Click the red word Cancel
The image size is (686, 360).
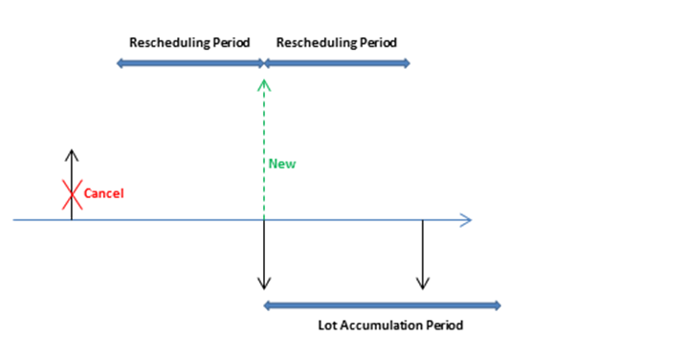[104, 193]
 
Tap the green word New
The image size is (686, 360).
[281, 164]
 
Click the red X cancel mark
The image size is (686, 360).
[72, 194]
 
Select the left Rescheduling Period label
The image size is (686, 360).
[189, 43]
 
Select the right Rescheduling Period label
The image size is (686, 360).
[336, 43]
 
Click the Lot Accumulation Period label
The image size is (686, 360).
[390, 326]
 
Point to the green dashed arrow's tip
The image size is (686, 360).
[264, 82]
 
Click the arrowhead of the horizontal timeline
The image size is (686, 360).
[467, 220]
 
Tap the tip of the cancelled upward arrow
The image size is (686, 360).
[72, 151]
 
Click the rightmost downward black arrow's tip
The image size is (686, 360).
[422, 287]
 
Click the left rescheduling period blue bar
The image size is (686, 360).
[189, 64]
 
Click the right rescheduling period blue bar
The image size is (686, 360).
[337, 64]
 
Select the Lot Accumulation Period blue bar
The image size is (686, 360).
[382, 306]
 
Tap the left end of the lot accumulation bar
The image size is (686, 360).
[266, 306]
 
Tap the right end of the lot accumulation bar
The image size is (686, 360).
[498, 306]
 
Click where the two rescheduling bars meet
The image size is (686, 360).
[264, 64]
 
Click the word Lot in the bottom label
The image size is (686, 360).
[327, 326]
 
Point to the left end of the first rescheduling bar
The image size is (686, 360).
[119, 64]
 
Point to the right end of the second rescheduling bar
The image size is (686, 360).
[409, 64]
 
